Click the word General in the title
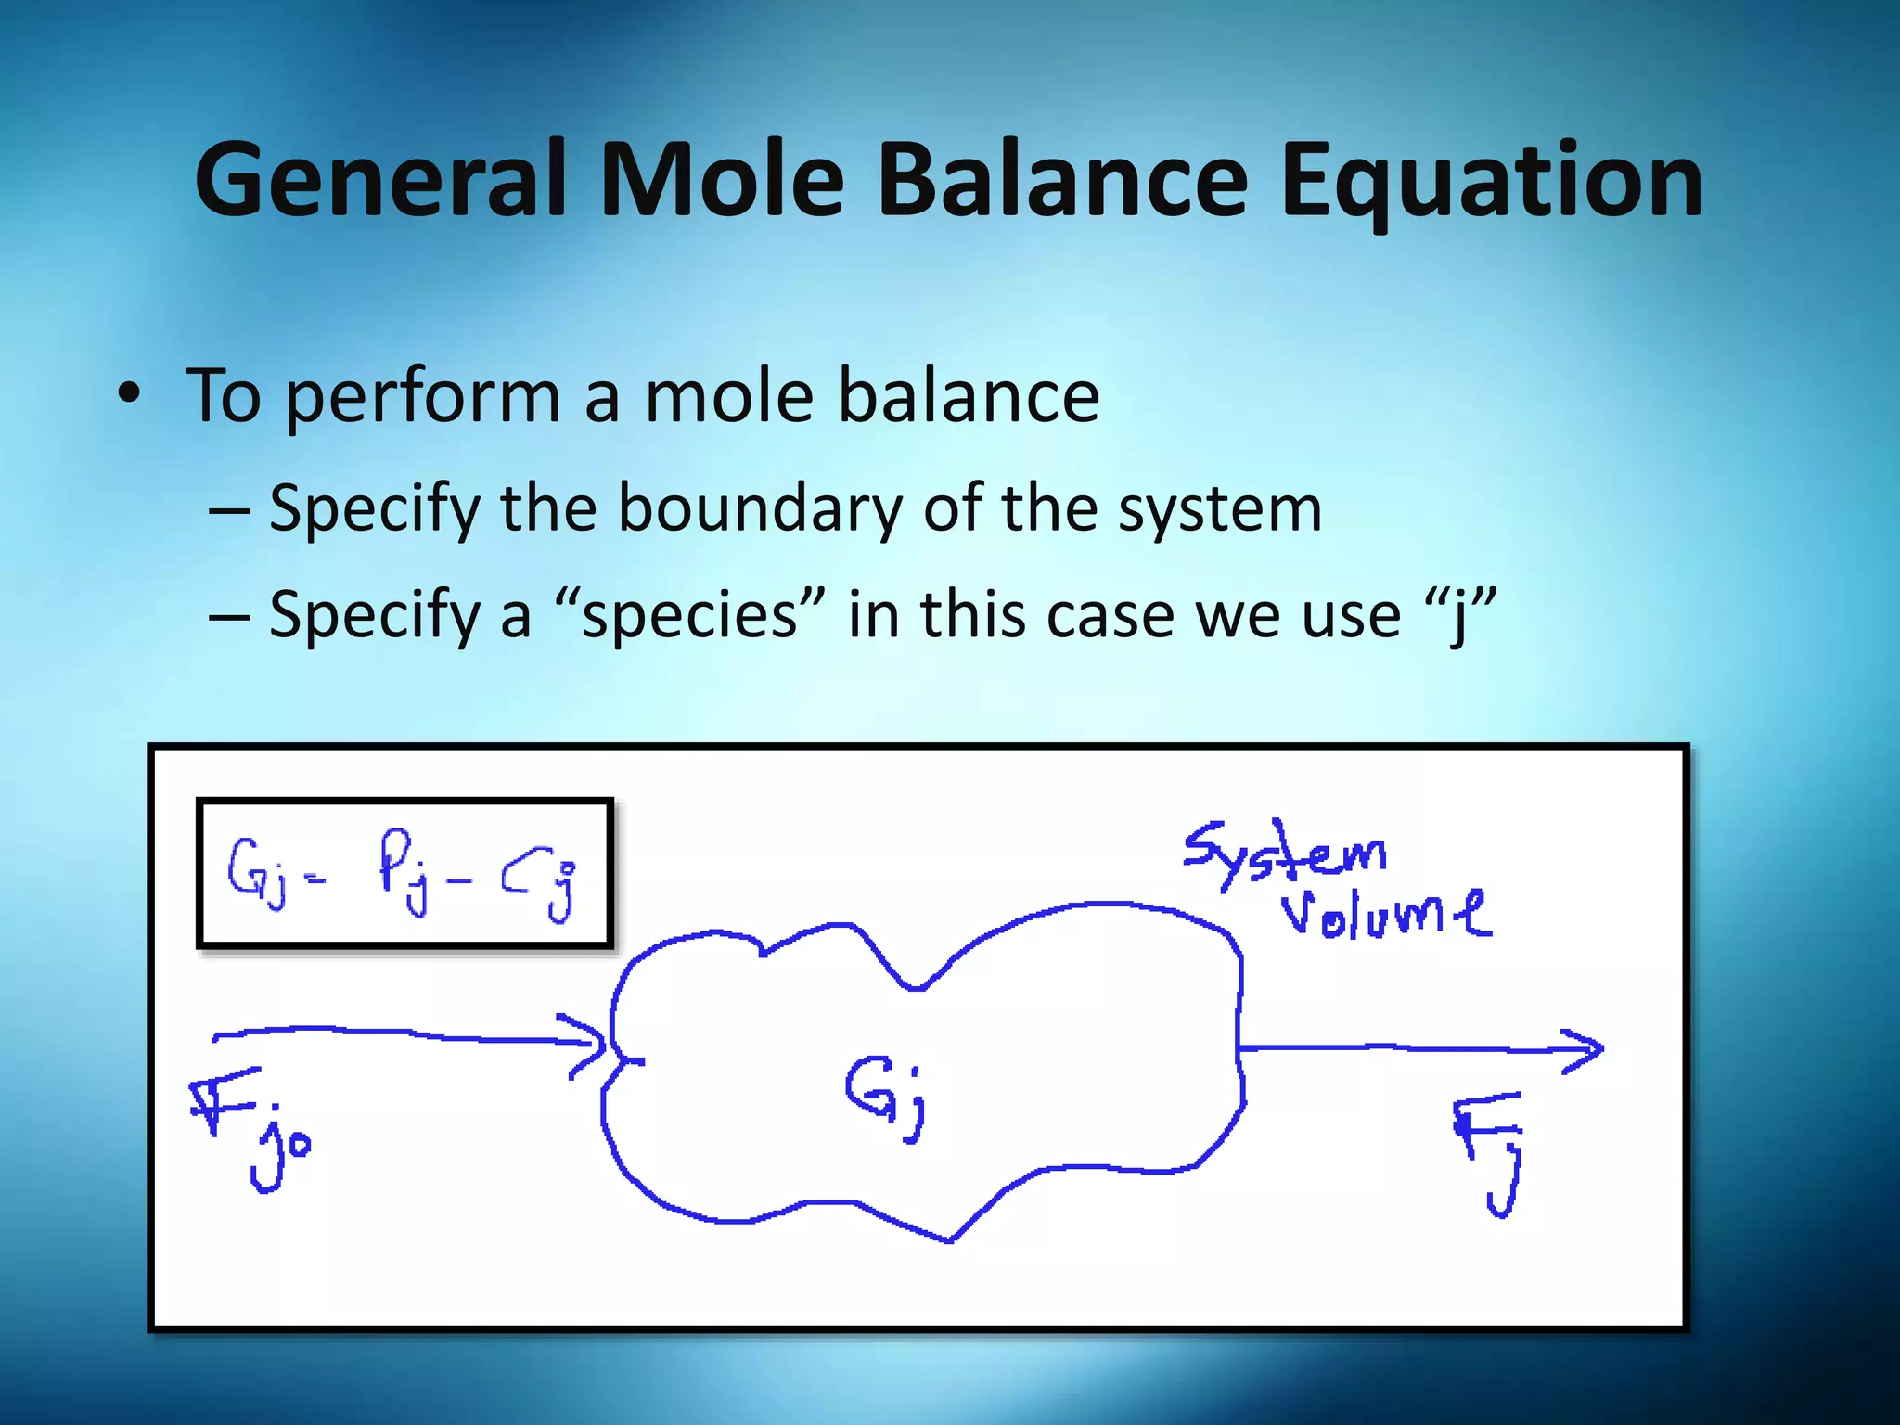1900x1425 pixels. pos(380,181)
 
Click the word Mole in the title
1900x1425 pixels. pos(722,181)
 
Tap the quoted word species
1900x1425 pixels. pos(688,617)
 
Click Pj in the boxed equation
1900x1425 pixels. pos(404,872)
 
